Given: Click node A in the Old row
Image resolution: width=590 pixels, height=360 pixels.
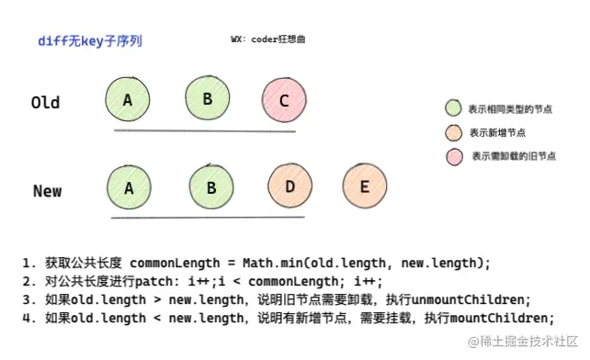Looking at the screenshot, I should click(x=129, y=99).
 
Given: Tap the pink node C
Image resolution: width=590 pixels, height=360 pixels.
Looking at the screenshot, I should click(x=284, y=101).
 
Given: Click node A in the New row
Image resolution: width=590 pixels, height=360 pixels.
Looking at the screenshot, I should click(x=129, y=188).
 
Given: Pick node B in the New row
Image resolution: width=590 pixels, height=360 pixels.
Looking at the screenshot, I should click(x=211, y=188).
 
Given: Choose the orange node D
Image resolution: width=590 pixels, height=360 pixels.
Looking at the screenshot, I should click(x=289, y=187).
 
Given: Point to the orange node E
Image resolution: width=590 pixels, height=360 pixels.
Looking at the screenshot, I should click(x=364, y=186).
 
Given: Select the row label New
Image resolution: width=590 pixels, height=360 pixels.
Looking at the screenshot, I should click(x=47, y=191).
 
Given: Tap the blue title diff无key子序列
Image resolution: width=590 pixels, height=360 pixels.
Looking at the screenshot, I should click(x=90, y=42).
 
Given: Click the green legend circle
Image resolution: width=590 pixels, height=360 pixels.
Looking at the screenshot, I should click(x=452, y=108).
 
